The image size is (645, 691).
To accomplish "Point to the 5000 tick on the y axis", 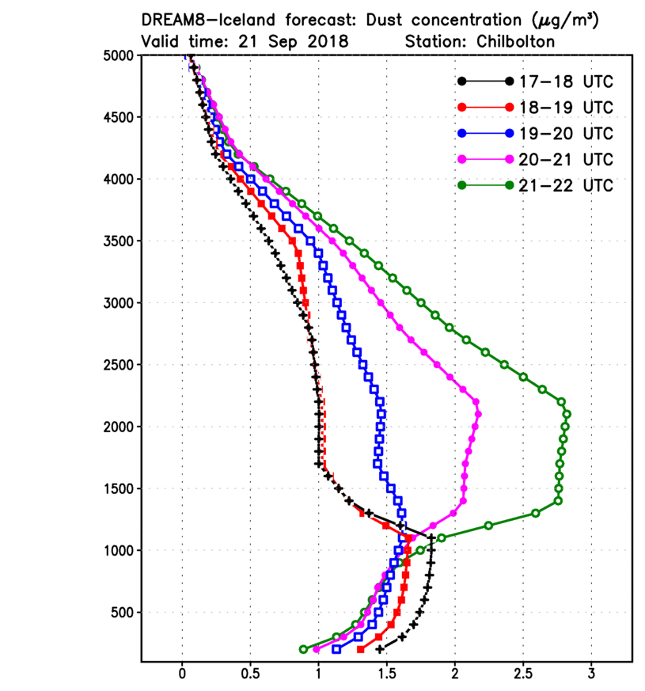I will pyautogui.click(x=120, y=55).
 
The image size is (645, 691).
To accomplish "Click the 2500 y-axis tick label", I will pyautogui.click(x=120, y=365).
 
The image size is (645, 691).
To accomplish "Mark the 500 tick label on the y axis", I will pyautogui.click(x=125, y=613).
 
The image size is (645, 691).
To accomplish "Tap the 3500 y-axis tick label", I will pyautogui.click(x=120, y=241).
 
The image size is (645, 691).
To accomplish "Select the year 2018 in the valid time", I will pyautogui.click(x=327, y=42).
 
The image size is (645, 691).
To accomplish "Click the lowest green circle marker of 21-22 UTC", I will pyautogui.click(x=303, y=649).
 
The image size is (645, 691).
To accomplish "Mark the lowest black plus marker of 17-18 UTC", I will pyautogui.click(x=380, y=649).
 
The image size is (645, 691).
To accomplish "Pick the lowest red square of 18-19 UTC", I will pyautogui.click(x=361, y=649).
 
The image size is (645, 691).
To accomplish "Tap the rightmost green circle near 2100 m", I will pyautogui.click(x=567, y=414).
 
